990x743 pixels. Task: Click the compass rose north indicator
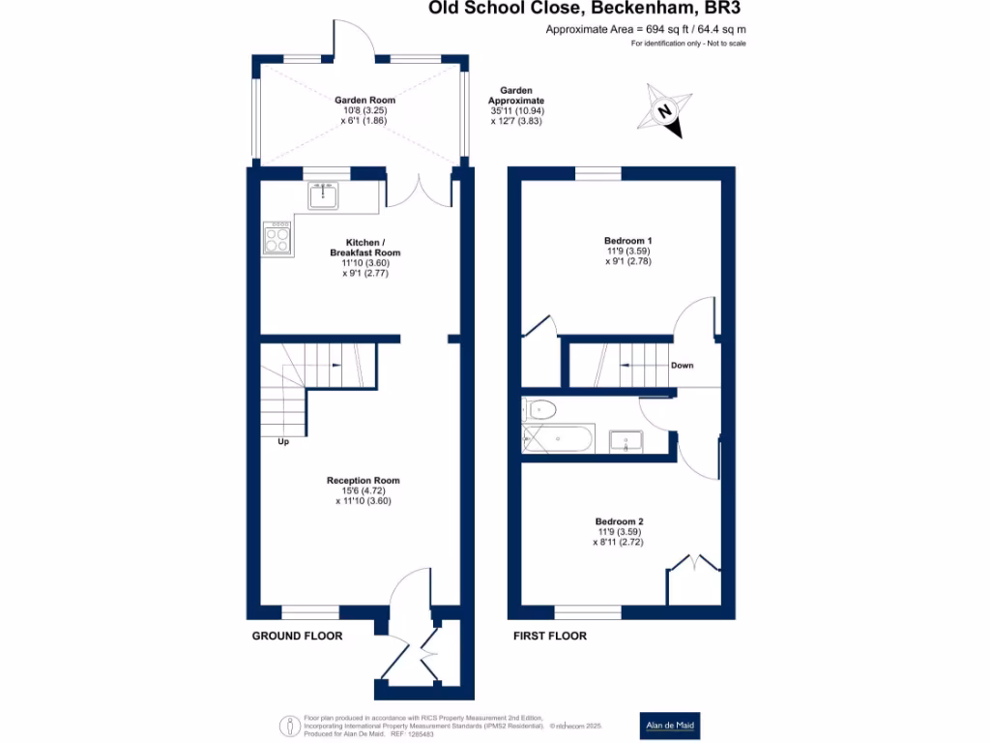coord(665,111)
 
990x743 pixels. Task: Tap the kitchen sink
coord(324,195)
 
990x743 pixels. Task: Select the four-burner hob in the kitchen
coord(277,238)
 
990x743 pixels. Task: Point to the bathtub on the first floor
coord(557,440)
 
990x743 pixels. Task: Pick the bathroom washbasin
coord(626,442)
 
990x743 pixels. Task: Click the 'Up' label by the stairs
coord(283,442)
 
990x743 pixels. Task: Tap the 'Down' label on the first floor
coord(682,366)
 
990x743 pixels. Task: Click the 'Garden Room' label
coord(364,100)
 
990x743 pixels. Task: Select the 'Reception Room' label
coord(363,480)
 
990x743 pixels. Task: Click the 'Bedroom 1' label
coord(623,240)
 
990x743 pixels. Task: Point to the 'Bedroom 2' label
coord(618,520)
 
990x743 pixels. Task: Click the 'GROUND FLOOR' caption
coord(297,636)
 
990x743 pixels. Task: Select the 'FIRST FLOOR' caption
coord(549,636)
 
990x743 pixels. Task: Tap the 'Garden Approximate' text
coord(516,96)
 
